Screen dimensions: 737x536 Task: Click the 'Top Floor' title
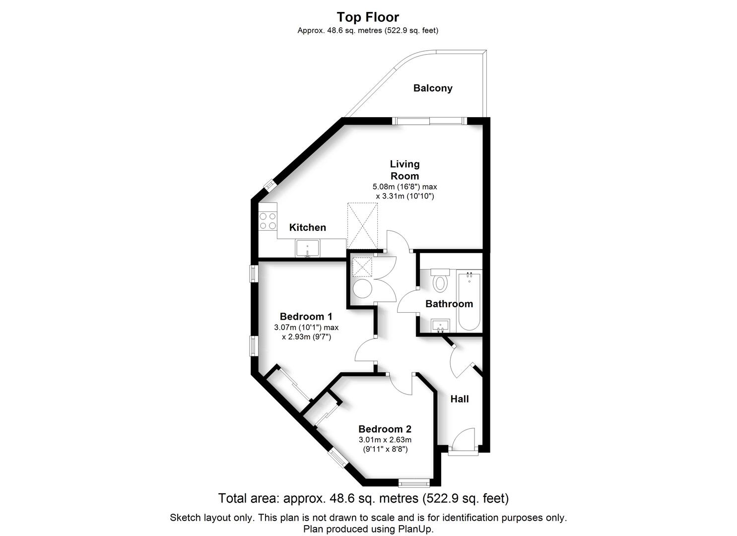point(368,17)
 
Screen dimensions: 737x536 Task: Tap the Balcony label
point(433,88)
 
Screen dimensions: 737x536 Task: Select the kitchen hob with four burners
point(268,221)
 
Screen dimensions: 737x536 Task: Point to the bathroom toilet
point(440,280)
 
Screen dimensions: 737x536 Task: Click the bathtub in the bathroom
point(469,301)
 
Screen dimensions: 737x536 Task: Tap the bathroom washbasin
point(440,326)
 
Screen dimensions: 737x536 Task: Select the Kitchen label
point(308,227)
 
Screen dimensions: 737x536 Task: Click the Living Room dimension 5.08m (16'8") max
point(404,187)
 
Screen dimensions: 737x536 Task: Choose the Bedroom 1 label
point(306,317)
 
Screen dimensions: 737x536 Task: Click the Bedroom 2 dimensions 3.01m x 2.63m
point(385,440)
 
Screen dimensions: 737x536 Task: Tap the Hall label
point(459,399)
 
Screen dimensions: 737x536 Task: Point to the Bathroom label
point(449,304)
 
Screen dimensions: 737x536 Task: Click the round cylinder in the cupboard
point(362,289)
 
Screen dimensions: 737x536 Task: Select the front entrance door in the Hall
point(463,441)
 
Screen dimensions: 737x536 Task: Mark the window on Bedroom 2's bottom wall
point(414,483)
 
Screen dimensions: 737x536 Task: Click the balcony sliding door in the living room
point(429,121)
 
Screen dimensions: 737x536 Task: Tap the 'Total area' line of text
point(364,498)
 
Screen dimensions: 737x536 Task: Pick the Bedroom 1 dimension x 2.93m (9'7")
point(306,337)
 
